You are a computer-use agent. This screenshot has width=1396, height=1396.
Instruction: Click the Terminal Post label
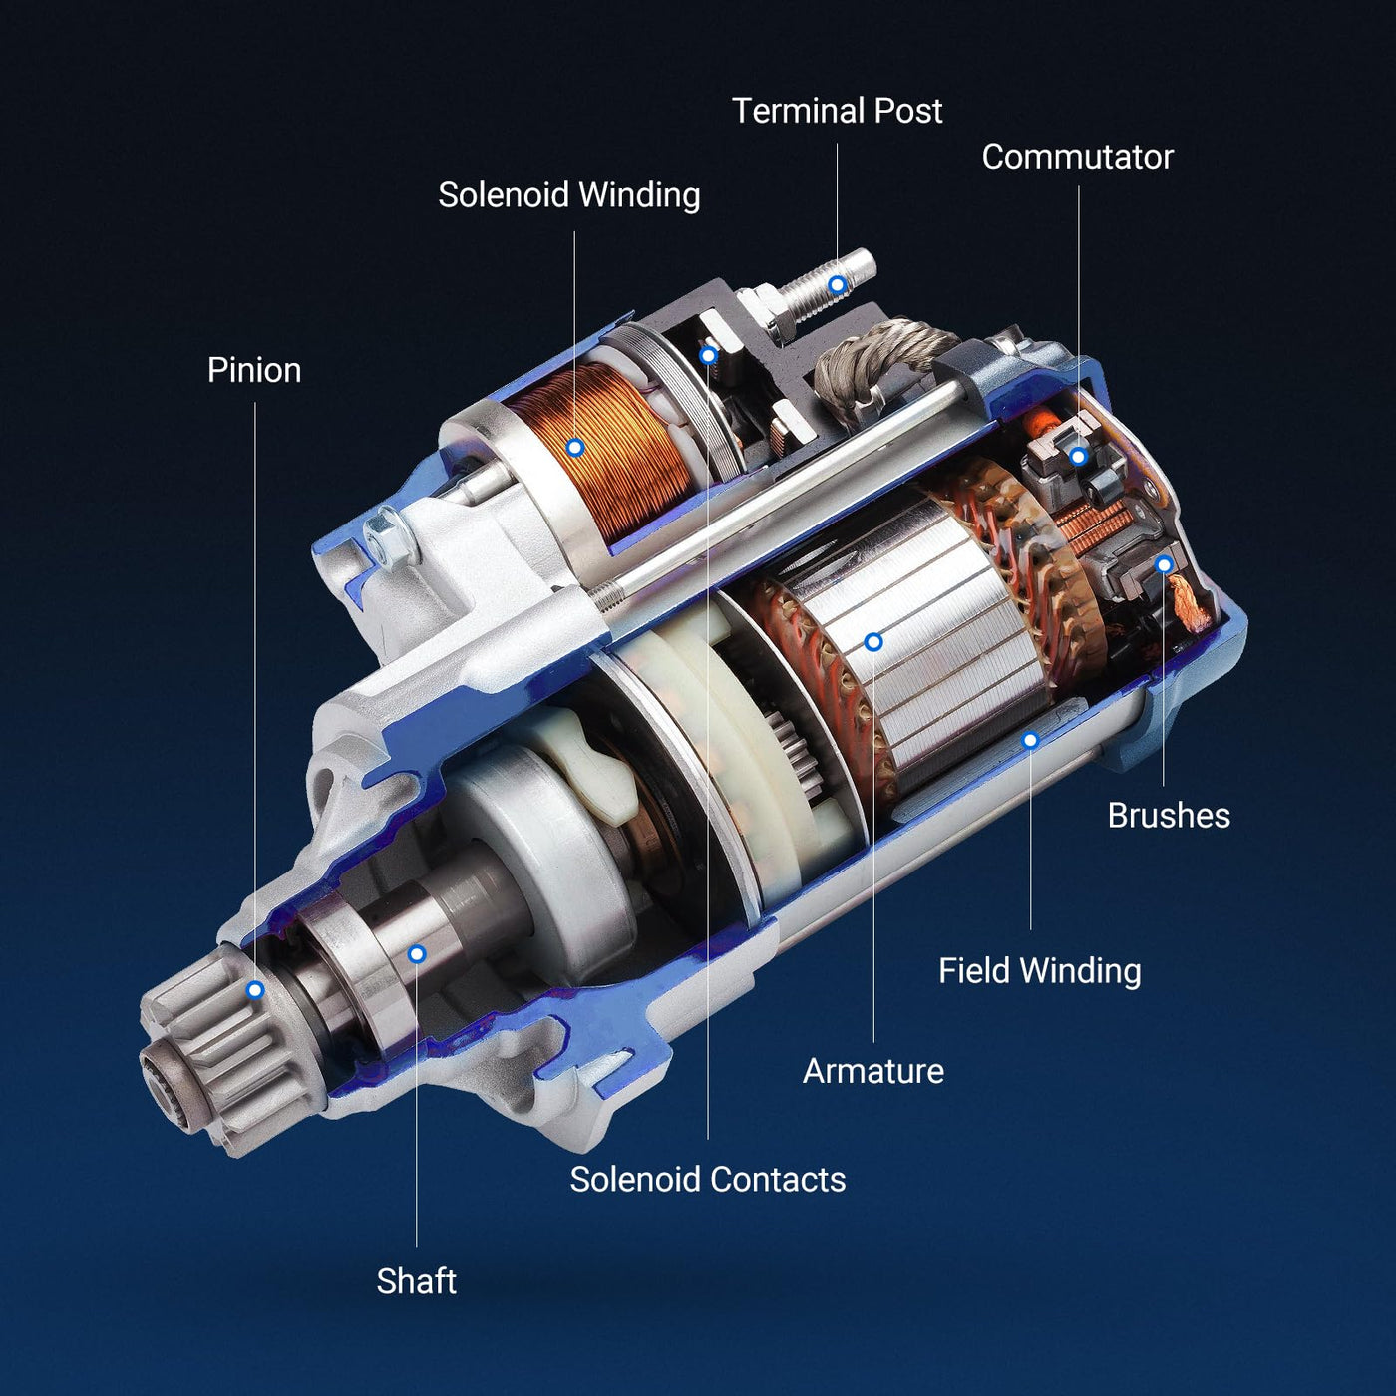[837, 111]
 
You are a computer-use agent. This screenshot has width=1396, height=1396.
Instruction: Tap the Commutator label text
[1077, 157]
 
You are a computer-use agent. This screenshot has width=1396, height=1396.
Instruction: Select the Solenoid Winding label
[569, 195]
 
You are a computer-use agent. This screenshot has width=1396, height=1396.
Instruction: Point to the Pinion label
[254, 370]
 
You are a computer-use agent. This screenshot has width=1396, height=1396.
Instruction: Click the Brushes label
[1169, 815]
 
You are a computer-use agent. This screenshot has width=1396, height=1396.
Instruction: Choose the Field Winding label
[1040, 971]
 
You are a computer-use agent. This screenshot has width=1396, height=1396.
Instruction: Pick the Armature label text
[873, 1071]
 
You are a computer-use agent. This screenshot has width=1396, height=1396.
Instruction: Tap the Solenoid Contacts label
[708, 1180]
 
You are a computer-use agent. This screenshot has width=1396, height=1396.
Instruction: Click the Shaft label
[417, 1281]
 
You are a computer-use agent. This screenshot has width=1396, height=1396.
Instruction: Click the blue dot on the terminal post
[838, 285]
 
